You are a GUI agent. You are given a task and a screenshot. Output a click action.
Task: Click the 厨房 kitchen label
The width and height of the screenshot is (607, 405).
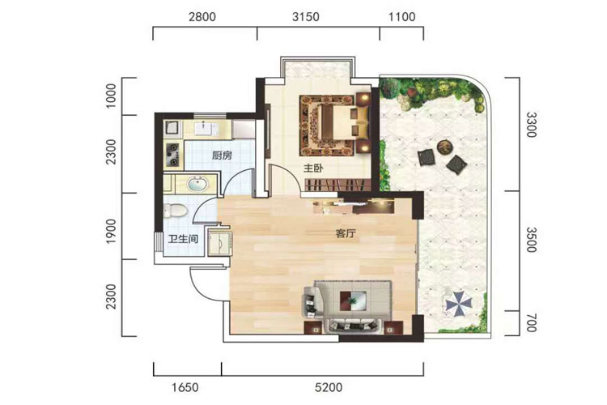(222, 156)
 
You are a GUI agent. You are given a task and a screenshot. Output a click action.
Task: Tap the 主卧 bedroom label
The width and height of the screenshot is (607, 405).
(313, 168)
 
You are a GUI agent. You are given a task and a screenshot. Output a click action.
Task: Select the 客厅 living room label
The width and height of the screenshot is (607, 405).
(346, 234)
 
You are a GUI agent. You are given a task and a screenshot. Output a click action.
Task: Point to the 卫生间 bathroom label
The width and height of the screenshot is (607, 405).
(183, 239)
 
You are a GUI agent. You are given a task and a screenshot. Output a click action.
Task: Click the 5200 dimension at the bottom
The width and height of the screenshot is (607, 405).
(329, 387)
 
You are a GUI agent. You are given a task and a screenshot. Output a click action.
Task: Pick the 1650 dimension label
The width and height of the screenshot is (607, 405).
(185, 387)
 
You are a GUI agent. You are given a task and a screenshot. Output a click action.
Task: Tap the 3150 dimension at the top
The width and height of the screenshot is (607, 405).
(306, 17)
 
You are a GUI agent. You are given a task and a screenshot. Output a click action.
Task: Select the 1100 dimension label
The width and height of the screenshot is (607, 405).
(401, 17)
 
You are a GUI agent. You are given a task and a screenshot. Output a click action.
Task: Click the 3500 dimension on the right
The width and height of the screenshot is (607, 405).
(532, 240)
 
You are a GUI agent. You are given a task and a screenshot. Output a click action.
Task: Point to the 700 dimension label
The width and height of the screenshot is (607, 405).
(532, 323)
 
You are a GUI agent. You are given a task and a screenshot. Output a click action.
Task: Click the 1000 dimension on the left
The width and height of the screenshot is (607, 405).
(111, 96)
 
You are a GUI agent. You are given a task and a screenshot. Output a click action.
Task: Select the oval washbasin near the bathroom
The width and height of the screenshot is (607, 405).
(197, 183)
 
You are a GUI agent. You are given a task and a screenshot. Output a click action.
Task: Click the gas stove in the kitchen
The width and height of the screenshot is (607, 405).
(172, 155)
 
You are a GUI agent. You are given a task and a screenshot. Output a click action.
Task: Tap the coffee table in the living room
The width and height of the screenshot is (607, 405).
(353, 300)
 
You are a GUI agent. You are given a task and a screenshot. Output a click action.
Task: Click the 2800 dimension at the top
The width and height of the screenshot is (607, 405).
(202, 17)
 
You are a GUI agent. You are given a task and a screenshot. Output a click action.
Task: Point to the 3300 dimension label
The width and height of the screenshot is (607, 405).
(532, 125)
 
